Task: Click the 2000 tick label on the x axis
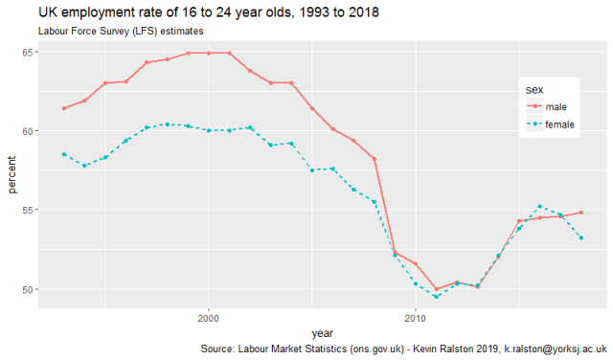coord(208,317)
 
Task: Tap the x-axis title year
coord(322,332)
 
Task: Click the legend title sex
coord(535,89)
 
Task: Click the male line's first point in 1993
coord(64,108)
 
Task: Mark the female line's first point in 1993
coord(64,154)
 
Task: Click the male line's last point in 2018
coord(581,213)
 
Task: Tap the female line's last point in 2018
coord(581,237)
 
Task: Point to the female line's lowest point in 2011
coord(436,297)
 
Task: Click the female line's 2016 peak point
coord(540,206)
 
